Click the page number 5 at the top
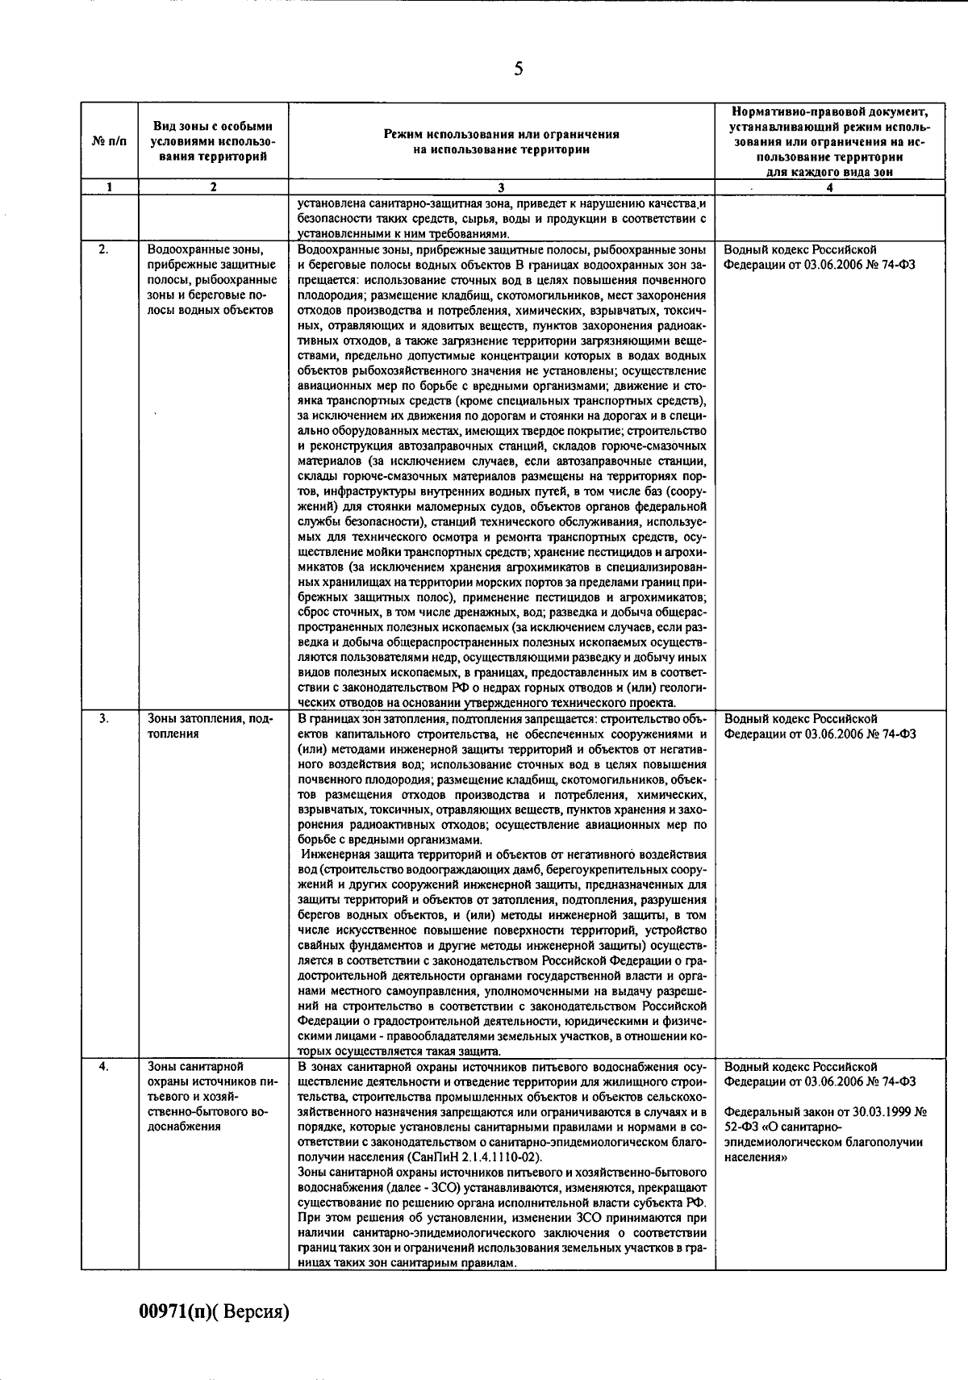coord(518,69)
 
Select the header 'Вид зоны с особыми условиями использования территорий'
coord(213,141)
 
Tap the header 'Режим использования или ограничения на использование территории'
coord(501,141)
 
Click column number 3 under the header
coord(501,187)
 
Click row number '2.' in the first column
coord(103,249)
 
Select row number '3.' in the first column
coord(103,718)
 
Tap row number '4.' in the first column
coord(103,1066)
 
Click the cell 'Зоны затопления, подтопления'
coord(210,726)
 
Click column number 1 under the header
coord(109,187)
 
